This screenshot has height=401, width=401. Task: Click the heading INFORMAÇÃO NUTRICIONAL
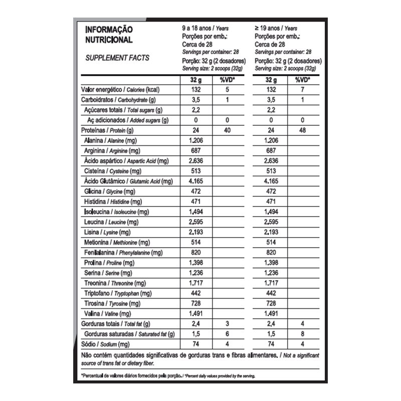[x=109, y=35]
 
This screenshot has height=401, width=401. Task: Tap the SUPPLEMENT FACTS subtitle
[x=117, y=58]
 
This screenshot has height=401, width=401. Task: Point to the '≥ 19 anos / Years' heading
[x=276, y=29]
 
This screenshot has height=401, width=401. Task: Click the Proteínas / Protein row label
[x=105, y=130]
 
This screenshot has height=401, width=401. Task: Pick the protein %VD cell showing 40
[x=227, y=130]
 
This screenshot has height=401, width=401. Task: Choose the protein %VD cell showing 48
[x=302, y=130]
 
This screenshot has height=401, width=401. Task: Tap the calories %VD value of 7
[x=302, y=89]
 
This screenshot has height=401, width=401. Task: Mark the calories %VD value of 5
[x=227, y=89]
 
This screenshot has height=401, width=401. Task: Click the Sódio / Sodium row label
[x=105, y=344]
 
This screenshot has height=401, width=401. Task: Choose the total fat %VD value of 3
[x=227, y=324]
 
